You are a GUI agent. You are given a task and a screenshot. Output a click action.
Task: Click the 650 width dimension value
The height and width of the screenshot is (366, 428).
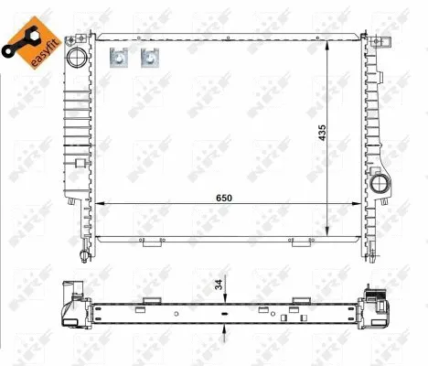[224, 198]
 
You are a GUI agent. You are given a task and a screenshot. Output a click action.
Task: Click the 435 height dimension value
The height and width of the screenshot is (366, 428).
[322, 133]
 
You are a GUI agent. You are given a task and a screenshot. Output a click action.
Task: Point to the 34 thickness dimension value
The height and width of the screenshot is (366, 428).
[219, 285]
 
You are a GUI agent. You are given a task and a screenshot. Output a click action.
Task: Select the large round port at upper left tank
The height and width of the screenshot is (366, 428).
[77, 58]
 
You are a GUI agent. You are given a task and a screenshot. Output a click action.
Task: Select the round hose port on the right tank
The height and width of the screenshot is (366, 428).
[380, 183]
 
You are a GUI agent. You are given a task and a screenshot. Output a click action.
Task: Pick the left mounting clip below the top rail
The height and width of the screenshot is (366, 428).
[119, 58]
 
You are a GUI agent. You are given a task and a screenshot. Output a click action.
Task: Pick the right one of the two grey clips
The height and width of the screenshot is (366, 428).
[150, 58]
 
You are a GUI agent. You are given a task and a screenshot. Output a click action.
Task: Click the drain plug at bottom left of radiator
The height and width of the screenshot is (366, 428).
[84, 255]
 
